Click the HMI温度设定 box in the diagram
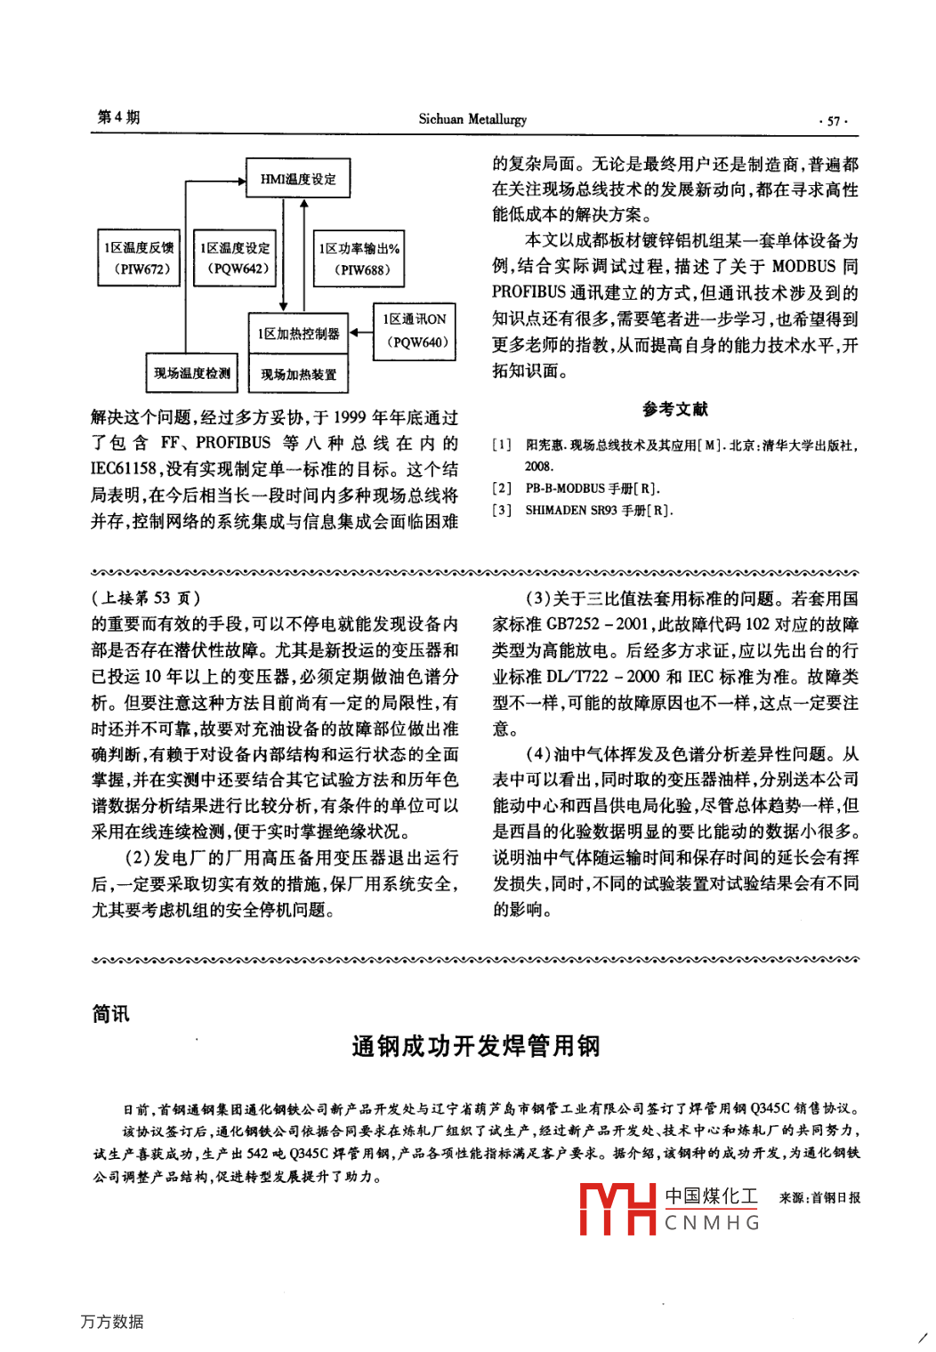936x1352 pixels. (x=298, y=178)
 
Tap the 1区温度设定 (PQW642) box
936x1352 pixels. (x=235, y=258)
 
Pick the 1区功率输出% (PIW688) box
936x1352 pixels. (x=359, y=259)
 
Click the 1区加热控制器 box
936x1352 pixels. (x=298, y=334)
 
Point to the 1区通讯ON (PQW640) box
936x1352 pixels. (x=415, y=331)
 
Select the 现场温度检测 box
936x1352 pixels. (x=191, y=373)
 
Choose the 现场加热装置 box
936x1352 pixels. (x=298, y=374)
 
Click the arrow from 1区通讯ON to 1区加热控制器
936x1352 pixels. (x=360, y=333)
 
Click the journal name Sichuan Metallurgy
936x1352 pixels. (x=472, y=119)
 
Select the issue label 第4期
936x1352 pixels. (x=118, y=117)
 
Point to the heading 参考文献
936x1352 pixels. (x=675, y=409)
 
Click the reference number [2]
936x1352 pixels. (x=502, y=488)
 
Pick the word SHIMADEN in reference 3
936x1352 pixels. (x=556, y=511)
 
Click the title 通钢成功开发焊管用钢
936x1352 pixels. (x=476, y=1046)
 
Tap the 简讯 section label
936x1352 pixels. (x=111, y=1014)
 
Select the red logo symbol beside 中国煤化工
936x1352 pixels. (x=617, y=1209)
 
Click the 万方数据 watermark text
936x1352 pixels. (x=112, y=1322)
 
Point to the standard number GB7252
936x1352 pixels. (x=573, y=624)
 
